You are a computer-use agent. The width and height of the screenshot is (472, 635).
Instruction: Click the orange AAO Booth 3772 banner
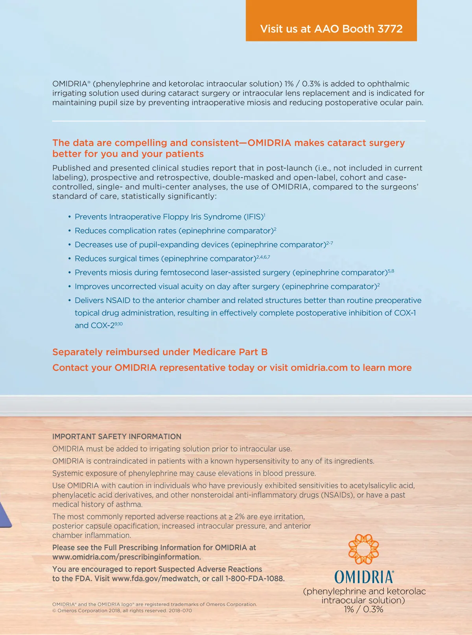coord(331,20)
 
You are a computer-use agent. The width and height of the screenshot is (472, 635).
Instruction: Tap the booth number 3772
coord(390,29)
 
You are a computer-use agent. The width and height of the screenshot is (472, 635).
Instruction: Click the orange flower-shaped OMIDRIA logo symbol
coord(363,549)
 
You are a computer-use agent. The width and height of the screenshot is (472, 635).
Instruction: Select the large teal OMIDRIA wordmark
coord(363,577)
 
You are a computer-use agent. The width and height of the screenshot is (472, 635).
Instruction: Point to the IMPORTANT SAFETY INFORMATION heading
coord(117,437)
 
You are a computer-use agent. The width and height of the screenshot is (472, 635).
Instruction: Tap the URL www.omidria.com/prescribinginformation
coord(126,557)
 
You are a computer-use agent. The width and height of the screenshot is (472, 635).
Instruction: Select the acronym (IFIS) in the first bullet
coord(253,217)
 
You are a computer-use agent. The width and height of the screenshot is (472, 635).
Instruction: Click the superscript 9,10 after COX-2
coord(118,324)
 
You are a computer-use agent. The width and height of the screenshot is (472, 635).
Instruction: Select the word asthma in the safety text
coord(131,504)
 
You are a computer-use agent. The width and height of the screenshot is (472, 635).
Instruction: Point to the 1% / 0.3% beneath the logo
coord(363,609)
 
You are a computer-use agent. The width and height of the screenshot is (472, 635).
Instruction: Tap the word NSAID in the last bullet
coord(118,300)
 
